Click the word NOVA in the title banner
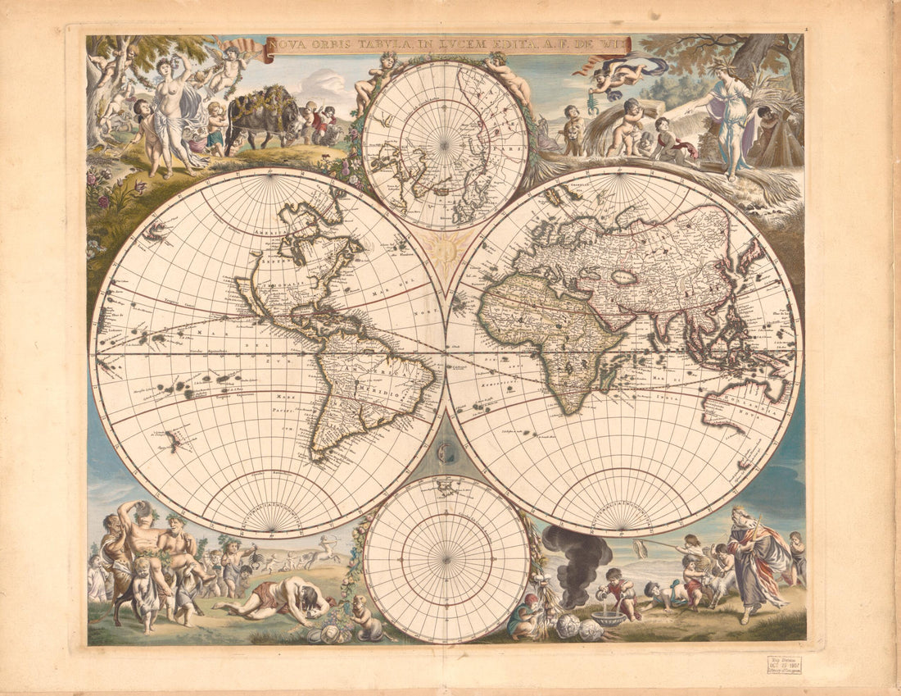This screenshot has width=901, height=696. (283, 46)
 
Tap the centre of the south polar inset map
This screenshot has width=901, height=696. (446, 559)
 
